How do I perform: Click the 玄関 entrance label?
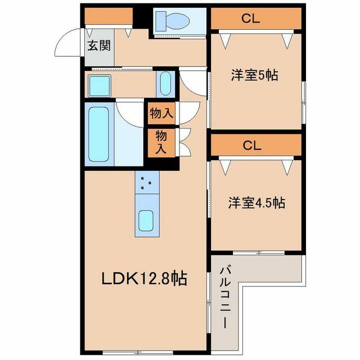click(99, 46)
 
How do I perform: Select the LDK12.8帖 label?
click(144, 278)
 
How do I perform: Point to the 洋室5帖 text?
click(255, 75)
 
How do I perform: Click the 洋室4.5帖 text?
click(256, 202)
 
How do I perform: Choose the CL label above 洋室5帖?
click(250, 19)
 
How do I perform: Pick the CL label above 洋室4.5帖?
click(252, 145)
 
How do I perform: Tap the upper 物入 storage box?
click(161, 114)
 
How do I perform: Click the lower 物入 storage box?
click(161, 143)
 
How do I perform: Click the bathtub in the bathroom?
click(100, 134)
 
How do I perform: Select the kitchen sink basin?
click(146, 220)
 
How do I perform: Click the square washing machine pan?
click(100, 85)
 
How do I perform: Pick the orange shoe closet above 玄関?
click(109, 16)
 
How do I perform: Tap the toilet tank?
click(161, 21)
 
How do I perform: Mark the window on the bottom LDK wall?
click(137, 352)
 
